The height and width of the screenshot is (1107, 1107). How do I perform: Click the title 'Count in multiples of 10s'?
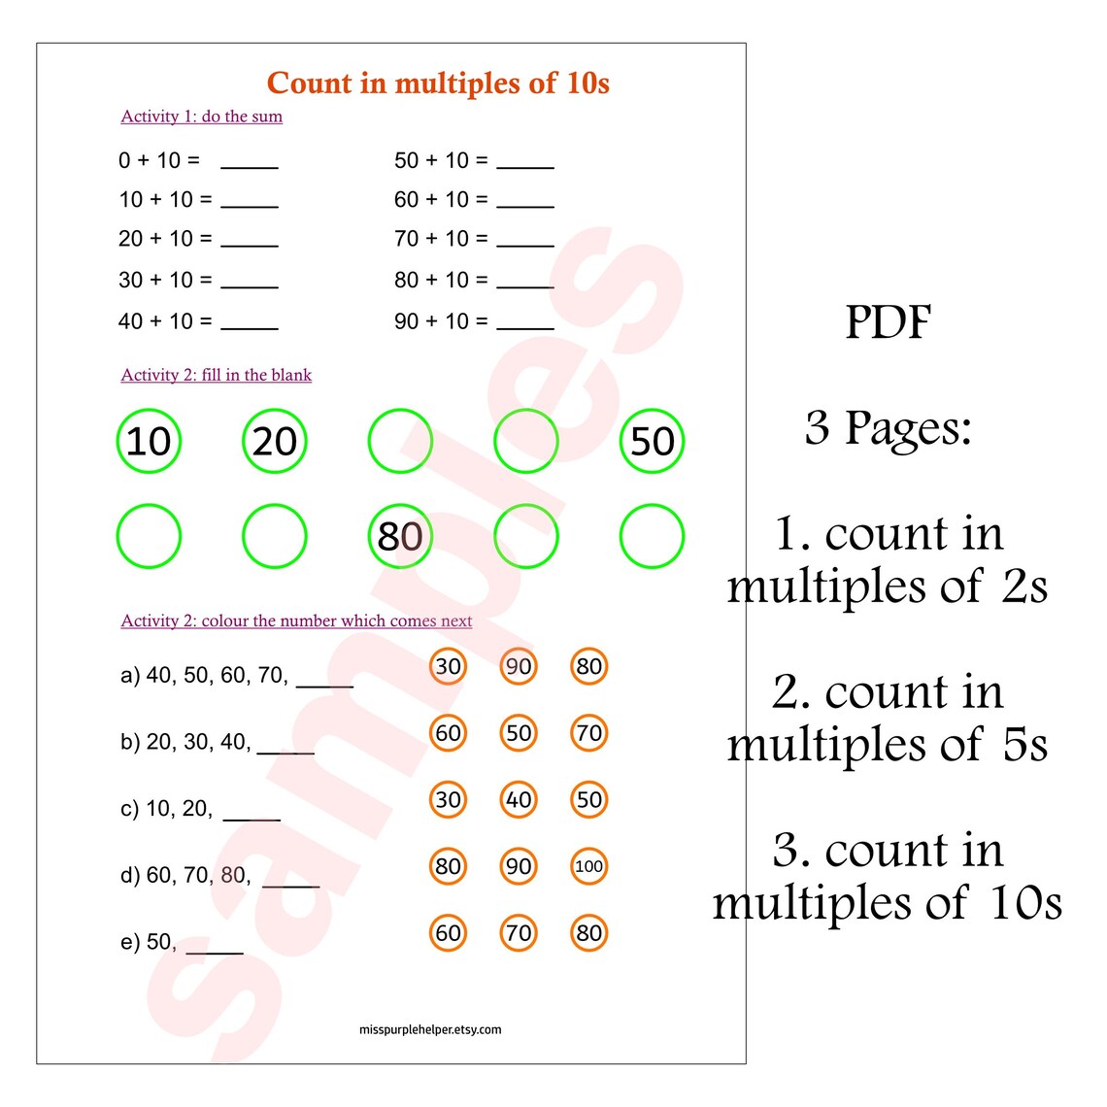438,84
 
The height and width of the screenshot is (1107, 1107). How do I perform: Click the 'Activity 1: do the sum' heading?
202,117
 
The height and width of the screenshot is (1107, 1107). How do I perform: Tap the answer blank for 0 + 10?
250,163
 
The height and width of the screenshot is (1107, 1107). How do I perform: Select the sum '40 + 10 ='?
165,321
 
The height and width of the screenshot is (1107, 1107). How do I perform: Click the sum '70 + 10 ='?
441,239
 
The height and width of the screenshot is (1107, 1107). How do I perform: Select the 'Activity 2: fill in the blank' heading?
217,376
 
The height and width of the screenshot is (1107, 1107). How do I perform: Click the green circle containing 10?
149,442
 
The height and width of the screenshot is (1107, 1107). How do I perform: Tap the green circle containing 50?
652,442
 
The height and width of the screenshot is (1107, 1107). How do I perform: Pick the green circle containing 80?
400,536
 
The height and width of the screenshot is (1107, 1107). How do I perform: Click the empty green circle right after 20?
400,442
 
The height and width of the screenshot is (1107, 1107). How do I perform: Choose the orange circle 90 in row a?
519,666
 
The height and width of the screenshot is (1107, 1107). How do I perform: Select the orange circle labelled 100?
588,866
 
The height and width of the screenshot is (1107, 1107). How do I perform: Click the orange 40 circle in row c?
519,800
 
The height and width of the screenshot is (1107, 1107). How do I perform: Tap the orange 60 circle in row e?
448,933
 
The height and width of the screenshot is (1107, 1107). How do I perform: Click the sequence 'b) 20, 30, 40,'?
185,743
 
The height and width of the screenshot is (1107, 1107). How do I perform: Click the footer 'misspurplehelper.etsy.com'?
430,1030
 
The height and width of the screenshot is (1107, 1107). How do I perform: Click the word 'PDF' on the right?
888,323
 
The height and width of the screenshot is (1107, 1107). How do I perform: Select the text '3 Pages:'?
888,428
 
